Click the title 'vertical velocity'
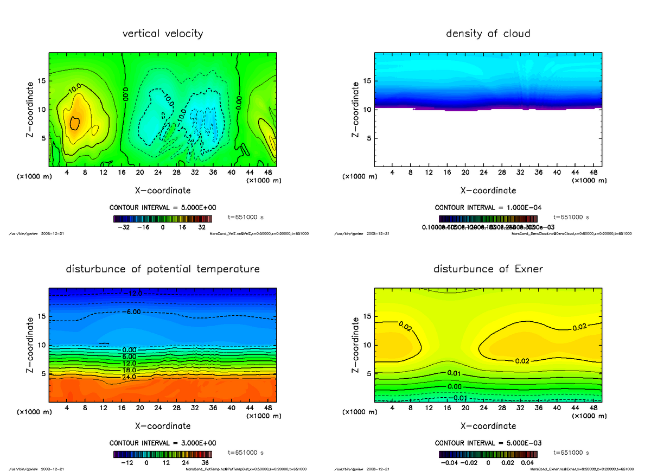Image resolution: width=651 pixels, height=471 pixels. [163, 34]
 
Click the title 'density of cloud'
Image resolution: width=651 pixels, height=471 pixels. [488, 34]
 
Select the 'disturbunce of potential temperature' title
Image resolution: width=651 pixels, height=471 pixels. [163, 269]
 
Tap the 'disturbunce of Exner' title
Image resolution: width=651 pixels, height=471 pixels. [488, 269]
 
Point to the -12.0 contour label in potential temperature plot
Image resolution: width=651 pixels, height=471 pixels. [132, 294]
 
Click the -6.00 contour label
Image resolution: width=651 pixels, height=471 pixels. [132, 312]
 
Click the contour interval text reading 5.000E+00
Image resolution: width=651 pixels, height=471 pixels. [163, 208]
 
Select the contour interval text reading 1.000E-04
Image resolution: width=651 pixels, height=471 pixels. [488, 208]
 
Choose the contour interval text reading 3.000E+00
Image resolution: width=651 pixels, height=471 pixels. [163, 443]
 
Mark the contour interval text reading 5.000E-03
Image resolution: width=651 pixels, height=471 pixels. [488, 443]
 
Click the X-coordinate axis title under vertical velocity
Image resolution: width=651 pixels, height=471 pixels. [163, 190]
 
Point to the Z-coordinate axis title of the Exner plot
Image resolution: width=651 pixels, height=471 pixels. [356, 345]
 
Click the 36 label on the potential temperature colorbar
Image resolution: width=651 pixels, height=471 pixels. [205, 463]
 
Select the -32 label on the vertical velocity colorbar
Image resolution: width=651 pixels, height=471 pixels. [123, 228]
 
